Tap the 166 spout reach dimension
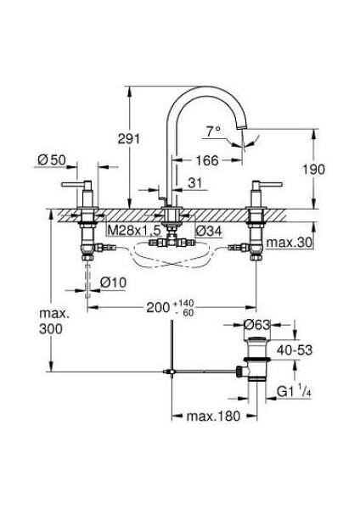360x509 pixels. tap(208, 160)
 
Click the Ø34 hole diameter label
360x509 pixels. tap(210, 231)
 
